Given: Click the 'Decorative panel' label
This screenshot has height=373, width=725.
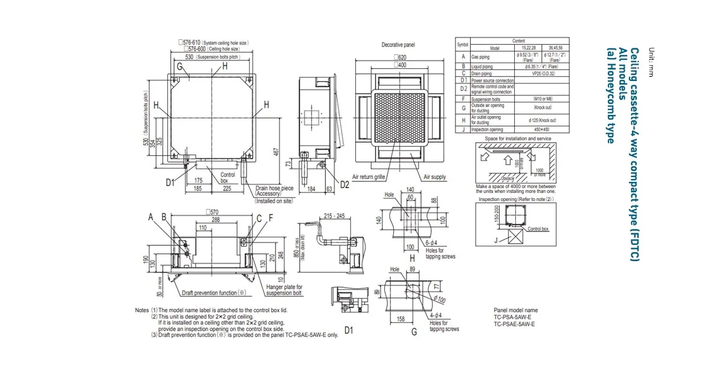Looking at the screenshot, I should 398,45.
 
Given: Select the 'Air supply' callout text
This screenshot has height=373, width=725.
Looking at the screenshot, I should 434,177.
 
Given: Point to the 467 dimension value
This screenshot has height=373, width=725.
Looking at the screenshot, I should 275,153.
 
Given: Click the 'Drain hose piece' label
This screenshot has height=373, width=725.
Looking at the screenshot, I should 274,188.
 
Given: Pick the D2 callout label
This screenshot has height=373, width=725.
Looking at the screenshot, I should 344,184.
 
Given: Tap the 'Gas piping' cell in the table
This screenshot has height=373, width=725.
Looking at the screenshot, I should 482,57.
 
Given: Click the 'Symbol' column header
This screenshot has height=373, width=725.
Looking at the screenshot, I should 462,44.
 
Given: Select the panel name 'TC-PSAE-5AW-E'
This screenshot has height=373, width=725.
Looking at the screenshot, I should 514,324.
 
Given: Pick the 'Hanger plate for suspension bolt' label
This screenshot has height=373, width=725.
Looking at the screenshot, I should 283,290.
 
